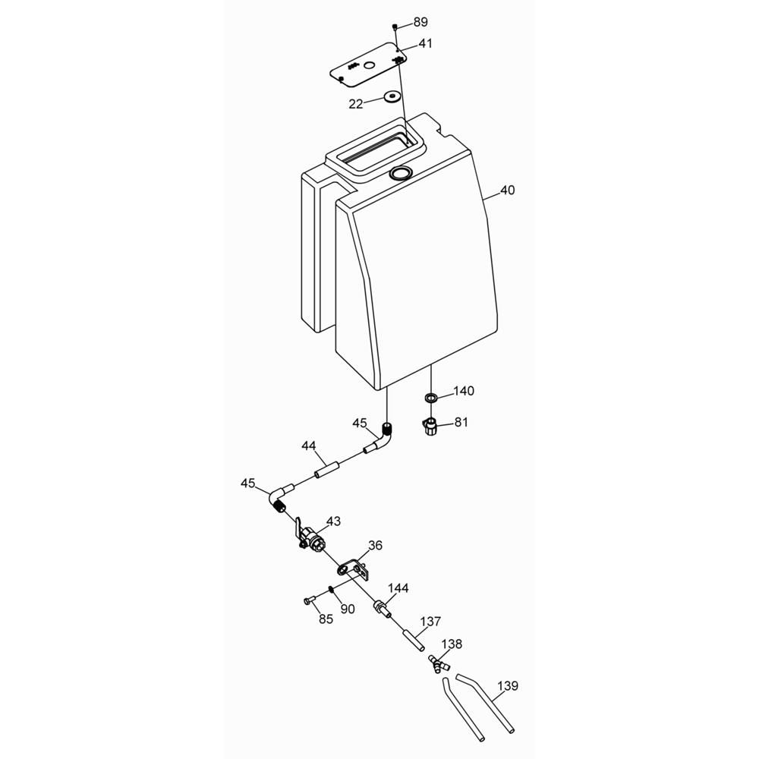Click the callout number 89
(x=420, y=22)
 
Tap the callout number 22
(x=356, y=104)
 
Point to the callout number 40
(x=507, y=191)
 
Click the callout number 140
(x=463, y=391)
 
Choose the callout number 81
(x=461, y=422)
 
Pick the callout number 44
(x=309, y=446)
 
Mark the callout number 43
(x=333, y=521)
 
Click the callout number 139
(x=508, y=686)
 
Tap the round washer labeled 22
(x=392, y=96)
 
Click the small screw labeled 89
(x=395, y=26)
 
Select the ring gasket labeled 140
(x=430, y=398)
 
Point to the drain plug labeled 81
(x=430, y=427)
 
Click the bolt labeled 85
(x=309, y=600)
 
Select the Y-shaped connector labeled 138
(x=439, y=663)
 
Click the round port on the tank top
(x=401, y=172)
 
